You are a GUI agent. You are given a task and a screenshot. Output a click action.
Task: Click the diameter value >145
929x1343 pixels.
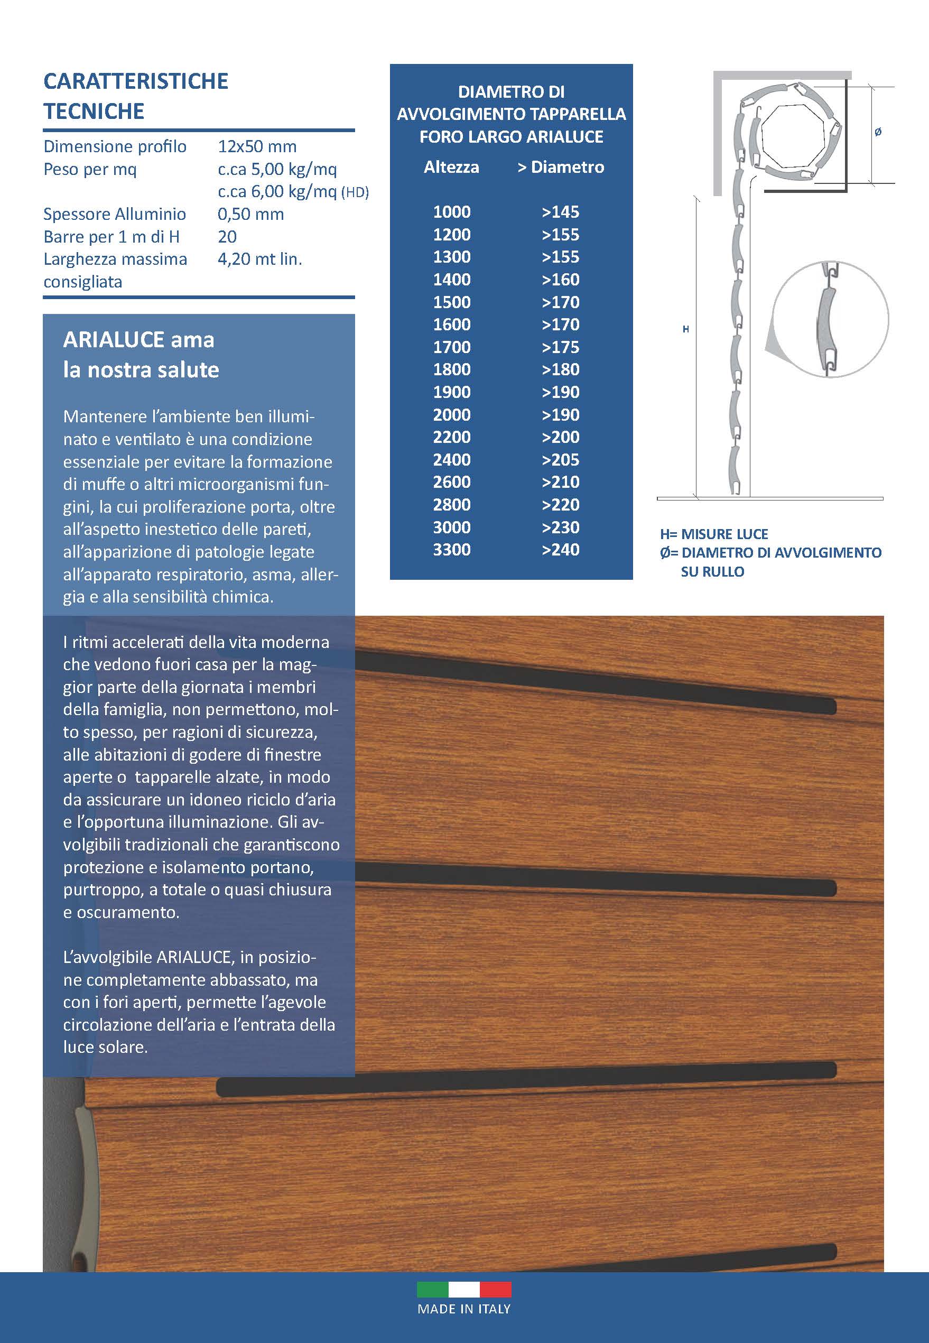click(x=560, y=212)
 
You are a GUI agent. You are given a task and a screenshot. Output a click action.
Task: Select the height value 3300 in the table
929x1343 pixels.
click(x=452, y=550)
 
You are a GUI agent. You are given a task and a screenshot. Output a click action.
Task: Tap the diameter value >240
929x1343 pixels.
click(x=560, y=550)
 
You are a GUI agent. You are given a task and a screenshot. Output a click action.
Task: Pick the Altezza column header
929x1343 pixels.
click(x=451, y=167)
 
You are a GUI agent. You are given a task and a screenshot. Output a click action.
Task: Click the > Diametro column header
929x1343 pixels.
click(x=561, y=167)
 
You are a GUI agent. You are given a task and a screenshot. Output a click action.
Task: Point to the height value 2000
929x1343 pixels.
click(x=452, y=414)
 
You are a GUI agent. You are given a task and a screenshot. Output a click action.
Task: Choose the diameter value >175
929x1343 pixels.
click(x=560, y=347)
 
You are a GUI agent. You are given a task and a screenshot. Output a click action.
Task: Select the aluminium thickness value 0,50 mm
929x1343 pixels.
click(x=250, y=214)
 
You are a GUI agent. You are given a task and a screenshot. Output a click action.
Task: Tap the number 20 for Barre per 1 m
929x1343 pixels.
click(x=227, y=237)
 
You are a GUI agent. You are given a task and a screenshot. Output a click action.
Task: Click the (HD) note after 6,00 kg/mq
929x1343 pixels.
click(x=355, y=192)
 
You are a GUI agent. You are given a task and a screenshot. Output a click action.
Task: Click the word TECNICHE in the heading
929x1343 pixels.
click(x=94, y=110)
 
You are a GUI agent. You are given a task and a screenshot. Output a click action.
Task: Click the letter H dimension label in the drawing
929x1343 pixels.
click(x=686, y=329)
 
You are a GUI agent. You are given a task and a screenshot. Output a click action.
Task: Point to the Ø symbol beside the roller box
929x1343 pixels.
click(x=878, y=132)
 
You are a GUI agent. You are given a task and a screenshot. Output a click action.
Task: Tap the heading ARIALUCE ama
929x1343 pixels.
click(x=138, y=339)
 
